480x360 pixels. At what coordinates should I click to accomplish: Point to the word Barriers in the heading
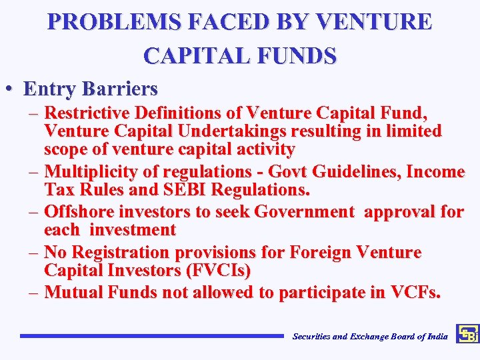[121, 88]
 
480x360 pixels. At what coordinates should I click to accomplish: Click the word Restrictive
[93, 111]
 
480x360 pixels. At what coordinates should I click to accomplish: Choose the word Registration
[121, 253]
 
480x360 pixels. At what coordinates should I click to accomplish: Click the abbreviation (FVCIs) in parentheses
[217, 271]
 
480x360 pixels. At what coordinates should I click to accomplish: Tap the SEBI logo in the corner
[467, 335]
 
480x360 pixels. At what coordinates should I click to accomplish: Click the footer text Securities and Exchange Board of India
[370, 337]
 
